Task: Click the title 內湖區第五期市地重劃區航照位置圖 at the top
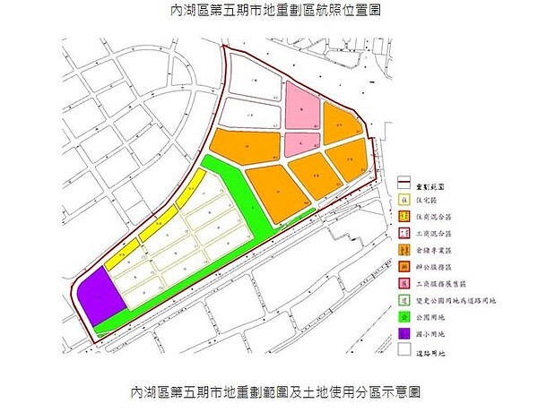pos(269,13)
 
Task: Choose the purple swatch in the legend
pos(404,334)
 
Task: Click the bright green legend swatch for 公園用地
pos(404,317)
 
